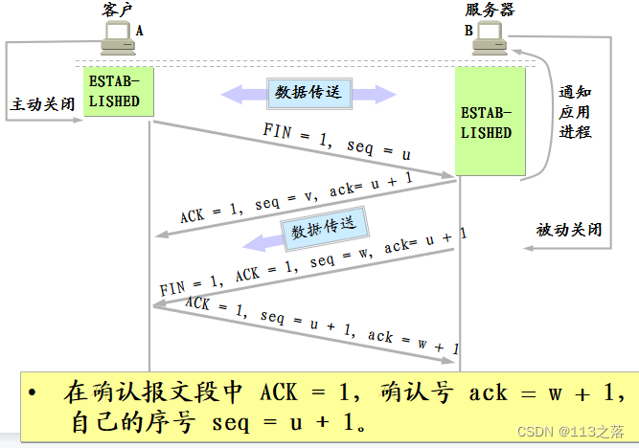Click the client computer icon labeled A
(x=118, y=37)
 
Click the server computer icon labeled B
(x=490, y=35)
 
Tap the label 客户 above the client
(x=117, y=10)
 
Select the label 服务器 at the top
(x=490, y=10)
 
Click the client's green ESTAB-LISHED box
(x=117, y=92)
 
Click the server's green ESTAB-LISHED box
(x=489, y=122)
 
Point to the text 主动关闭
(x=41, y=102)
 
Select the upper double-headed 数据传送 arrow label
(x=308, y=93)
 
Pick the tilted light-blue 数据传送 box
(x=324, y=230)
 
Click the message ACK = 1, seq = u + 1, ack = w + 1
(x=321, y=325)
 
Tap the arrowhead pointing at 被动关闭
(x=528, y=248)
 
